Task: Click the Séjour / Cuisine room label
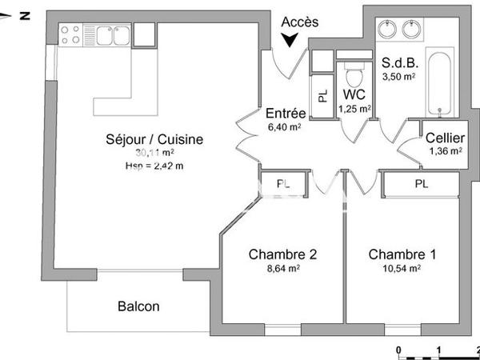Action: coord(155,139)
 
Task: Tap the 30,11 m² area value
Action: coord(154,153)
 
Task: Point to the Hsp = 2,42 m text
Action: coord(154,166)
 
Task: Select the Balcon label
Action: coord(138,306)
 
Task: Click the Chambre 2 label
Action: coord(282,254)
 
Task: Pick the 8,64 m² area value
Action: coord(282,270)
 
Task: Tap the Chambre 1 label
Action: coord(402,254)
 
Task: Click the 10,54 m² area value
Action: coord(402,270)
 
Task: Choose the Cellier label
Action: coord(446,138)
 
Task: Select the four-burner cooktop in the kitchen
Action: coord(70,34)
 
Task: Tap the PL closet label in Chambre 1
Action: coord(420,184)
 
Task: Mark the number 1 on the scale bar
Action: coord(438,350)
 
